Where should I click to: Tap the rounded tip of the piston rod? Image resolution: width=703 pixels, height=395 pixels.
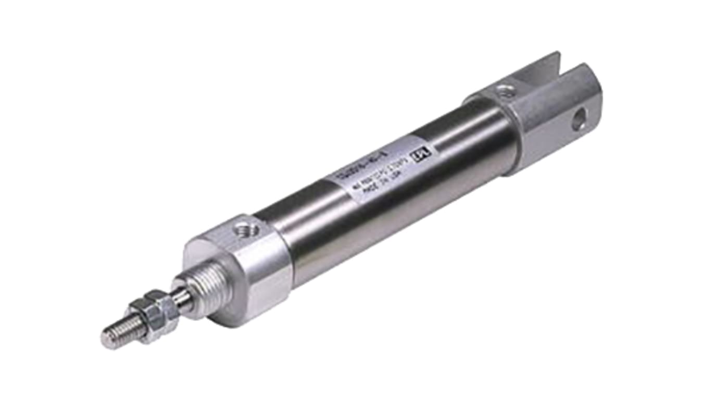click(106, 339)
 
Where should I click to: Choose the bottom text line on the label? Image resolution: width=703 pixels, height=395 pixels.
click(383, 180)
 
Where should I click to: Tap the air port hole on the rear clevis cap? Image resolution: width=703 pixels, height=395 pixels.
click(504, 91)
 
